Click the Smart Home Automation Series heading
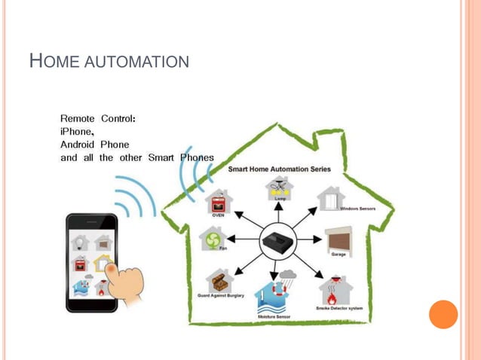click(x=279, y=169)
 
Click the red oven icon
click(x=219, y=202)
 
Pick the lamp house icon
click(x=279, y=188)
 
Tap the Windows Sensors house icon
click(x=330, y=198)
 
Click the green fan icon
click(x=212, y=239)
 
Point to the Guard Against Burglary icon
click(x=219, y=281)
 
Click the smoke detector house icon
click(x=334, y=289)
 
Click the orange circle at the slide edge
click(x=443, y=314)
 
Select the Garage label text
click(x=339, y=254)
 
